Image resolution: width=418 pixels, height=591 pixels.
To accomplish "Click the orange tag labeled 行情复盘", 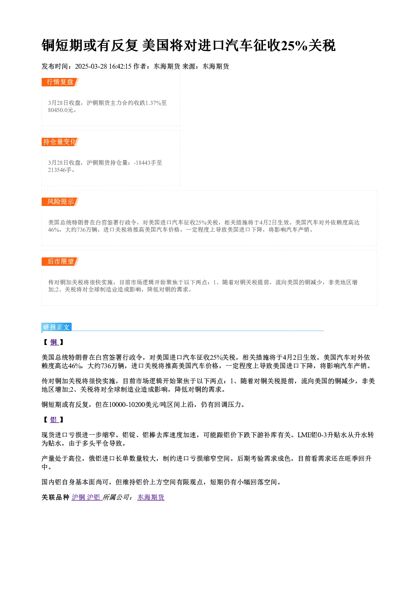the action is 60,82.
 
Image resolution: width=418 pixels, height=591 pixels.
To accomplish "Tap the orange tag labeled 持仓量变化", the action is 60,142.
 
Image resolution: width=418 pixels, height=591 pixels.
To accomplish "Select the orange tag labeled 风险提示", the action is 60,202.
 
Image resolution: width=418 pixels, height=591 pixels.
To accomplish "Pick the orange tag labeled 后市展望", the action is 60,262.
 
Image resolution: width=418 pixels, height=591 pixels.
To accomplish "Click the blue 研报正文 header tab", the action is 56,327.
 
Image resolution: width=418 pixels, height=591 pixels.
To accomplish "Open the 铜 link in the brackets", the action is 54,342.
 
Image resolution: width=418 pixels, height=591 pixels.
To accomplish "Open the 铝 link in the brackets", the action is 54,420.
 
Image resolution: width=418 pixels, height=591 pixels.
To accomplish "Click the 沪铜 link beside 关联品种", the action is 78,497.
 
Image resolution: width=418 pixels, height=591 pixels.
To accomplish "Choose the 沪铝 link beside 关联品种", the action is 94,497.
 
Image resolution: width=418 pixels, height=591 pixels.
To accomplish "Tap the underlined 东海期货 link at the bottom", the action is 151,497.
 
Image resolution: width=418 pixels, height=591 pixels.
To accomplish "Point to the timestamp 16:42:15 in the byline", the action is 120,67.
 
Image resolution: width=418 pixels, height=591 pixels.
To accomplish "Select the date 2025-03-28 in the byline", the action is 91,67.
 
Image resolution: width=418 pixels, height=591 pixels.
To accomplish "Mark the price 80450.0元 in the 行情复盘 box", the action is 60,110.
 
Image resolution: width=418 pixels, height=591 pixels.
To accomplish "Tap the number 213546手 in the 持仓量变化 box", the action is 60,170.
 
